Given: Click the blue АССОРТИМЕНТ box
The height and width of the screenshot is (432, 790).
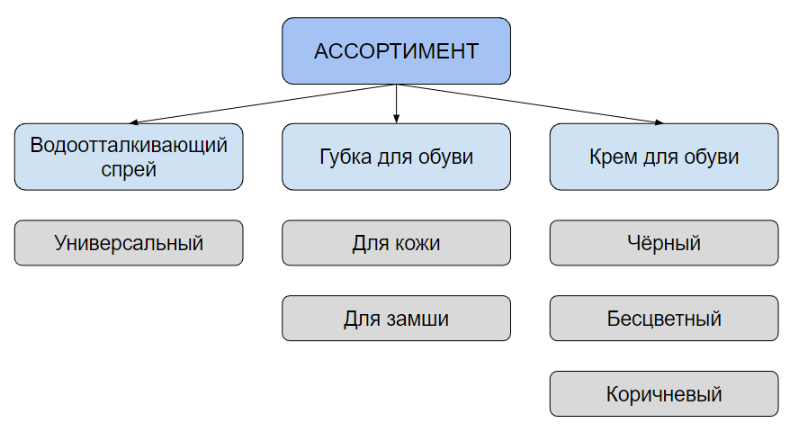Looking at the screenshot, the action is point(396,51).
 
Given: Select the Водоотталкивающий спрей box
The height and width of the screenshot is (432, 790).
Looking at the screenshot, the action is point(129,157).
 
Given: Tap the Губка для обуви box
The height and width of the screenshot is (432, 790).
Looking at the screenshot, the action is point(396,157).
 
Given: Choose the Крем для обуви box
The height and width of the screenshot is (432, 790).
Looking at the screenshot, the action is point(664,157).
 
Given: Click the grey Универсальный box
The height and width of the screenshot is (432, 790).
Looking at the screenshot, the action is point(129,242).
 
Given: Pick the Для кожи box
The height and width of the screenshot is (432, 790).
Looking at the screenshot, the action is point(396,242).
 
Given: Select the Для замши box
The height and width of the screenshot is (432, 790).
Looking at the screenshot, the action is point(396,318).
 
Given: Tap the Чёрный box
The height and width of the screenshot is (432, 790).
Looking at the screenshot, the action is point(664,242).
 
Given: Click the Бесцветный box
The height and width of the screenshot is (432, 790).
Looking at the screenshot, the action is point(664,318).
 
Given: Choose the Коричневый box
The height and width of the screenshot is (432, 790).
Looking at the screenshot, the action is point(664,393).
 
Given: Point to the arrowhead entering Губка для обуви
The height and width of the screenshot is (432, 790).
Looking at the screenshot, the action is point(396,119).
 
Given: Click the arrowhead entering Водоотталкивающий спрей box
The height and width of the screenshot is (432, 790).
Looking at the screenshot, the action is point(134,122).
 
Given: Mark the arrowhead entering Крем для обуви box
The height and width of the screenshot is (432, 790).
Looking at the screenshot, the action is point(659,122).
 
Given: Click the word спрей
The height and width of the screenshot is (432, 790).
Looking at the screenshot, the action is point(129,169).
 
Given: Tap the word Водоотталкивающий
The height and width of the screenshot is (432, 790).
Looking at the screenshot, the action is point(129,145).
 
